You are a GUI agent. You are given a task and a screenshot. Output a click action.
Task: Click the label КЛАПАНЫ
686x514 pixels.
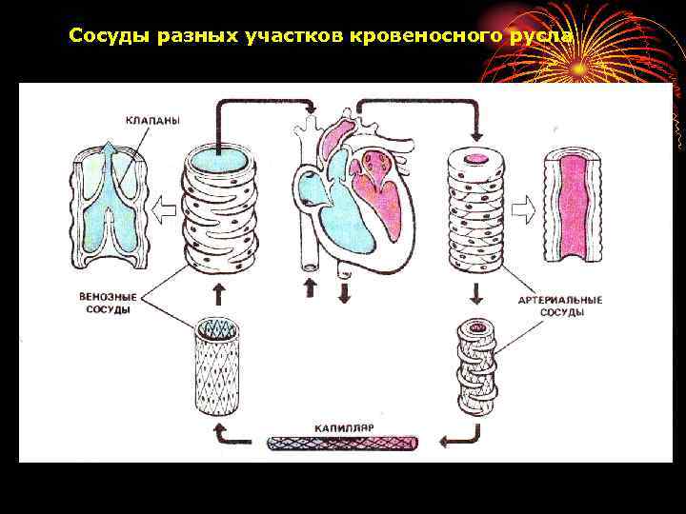pyautogui.click(x=153, y=120)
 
